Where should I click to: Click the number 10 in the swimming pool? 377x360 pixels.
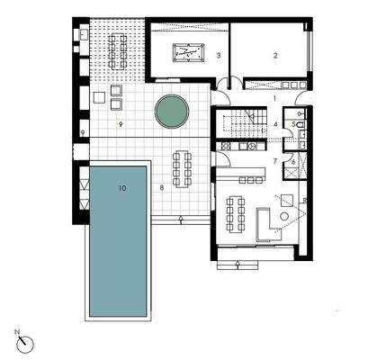(122, 189)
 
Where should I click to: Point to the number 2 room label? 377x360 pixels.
(276, 56)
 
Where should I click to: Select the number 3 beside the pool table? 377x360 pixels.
(219, 56)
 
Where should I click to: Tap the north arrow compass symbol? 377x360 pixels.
(25, 343)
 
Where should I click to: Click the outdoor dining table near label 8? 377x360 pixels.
(183, 166)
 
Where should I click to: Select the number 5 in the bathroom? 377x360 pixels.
(294, 123)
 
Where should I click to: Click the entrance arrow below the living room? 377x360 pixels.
(236, 264)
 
